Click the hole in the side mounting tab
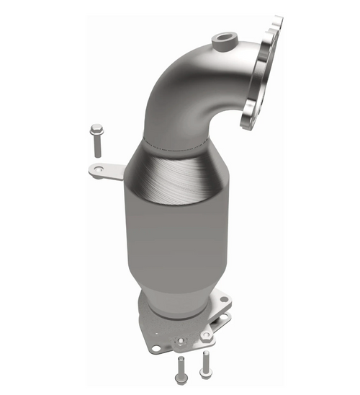(x=95, y=170)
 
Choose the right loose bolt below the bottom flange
(x=206, y=363)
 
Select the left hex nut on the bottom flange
(x=181, y=339)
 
